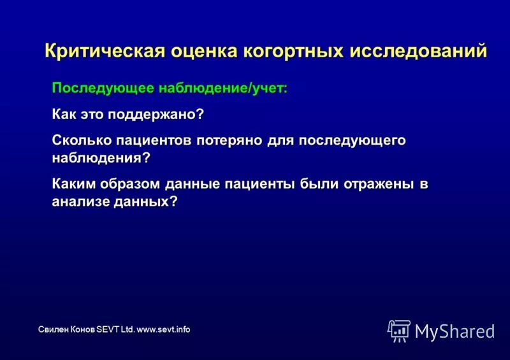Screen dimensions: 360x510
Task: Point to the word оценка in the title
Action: (203, 51)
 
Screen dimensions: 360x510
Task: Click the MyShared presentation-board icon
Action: (399, 330)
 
